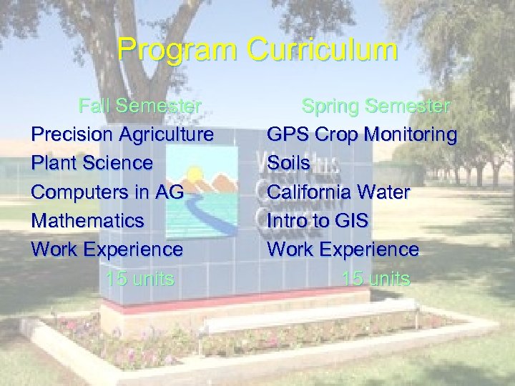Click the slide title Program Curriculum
(x=257, y=50)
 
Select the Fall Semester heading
(x=140, y=106)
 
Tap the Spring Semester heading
(x=376, y=106)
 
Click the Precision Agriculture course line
(x=122, y=134)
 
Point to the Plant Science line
(x=92, y=163)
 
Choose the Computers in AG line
(x=107, y=192)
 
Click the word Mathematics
(x=87, y=220)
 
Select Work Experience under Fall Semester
(x=107, y=249)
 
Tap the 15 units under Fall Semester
(x=139, y=278)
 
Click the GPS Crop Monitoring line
(x=361, y=134)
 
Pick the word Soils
(x=288, y=163)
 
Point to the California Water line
(x=338, y=192)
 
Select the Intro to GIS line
(x=317, y=220)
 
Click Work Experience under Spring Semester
(x=343, y=249)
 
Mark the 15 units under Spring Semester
(x=376, y=278)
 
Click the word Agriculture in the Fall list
(x=166, y=134)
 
